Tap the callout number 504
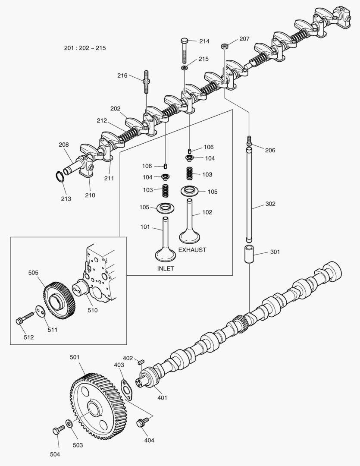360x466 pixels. (x=55, y=454)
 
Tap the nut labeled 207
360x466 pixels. (x=225, y=46)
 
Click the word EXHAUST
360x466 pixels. (x=192, y=250)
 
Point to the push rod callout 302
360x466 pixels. (x=270, y=204)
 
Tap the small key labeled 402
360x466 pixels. (x=140, y=362)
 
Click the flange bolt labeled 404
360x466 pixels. (x=141, y=423)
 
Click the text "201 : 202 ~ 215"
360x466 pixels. (x=85, y=48)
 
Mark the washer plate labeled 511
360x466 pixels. (x=41, y=311)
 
